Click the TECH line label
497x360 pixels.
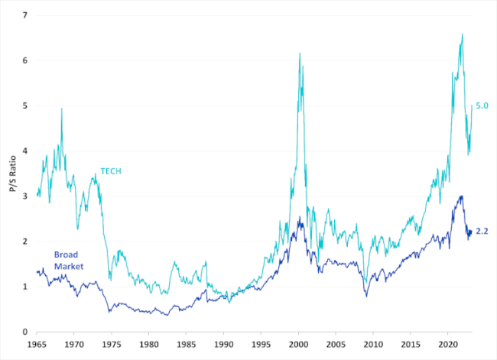point(111,171)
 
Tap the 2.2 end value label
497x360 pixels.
point(482,230)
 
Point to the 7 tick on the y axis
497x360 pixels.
point(25,15)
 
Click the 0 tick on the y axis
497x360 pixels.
point(25,332)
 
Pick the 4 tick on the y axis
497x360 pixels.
point(25,151)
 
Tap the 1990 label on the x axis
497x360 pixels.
point(224,345)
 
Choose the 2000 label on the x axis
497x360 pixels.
point(299,345)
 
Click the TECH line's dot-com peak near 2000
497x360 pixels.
point(299,53)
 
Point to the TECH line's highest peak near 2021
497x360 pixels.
point(462,34)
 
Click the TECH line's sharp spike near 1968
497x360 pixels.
point(61,109)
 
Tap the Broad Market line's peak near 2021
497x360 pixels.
point(460,196)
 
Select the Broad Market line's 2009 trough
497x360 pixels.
point(366,296)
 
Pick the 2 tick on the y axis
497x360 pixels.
point(25,242)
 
